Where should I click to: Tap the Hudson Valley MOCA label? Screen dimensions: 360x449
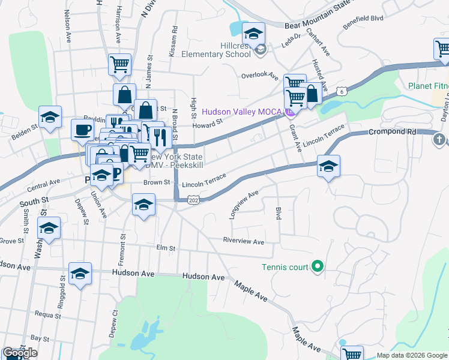tap(242, 111)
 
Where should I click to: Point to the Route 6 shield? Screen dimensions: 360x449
tap(342, 91)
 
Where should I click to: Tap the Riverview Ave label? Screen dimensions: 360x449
tap(243, 242)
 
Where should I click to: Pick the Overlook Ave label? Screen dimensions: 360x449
tap(259, 76)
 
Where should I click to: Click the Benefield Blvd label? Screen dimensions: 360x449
tap(363, 23)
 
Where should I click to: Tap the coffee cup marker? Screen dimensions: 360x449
tap(83, 129)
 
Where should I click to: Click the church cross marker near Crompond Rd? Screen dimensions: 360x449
tap(439, 140)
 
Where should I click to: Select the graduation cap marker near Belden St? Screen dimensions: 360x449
tap(50, 116)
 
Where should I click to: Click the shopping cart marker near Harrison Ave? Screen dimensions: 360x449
tap(119, 64)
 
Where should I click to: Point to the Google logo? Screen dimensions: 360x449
tap(20, 353)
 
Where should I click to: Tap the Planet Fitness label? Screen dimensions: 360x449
tap(429, 86)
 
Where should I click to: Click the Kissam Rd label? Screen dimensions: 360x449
tap(174, 41)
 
